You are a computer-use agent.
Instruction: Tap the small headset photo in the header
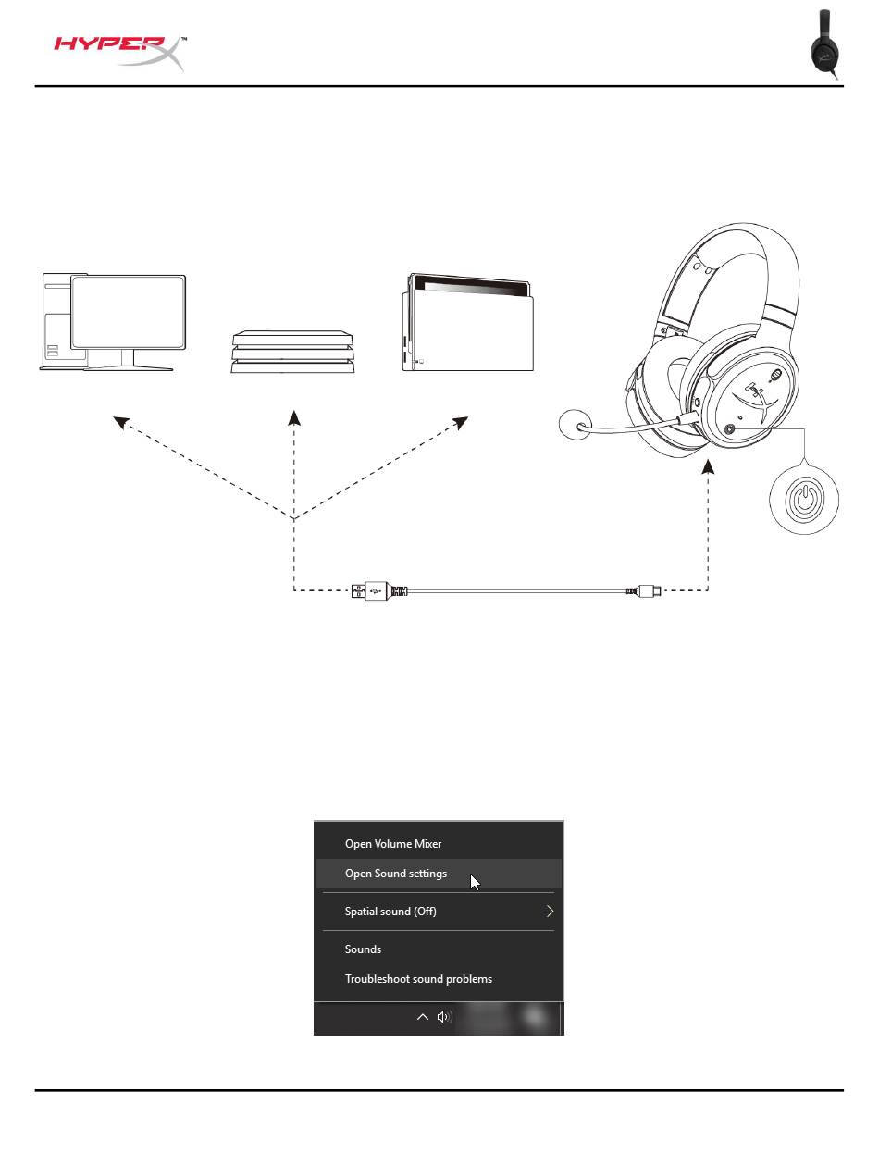(824, 45)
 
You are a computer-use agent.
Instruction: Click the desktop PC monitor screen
(129, 312)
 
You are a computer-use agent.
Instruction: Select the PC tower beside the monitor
(56, 319)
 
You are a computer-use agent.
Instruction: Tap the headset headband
(731, 250)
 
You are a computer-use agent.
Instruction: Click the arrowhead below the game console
(294, 417)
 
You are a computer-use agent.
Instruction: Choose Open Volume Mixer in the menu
(393, 844)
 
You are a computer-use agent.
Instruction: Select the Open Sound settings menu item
(396, 874)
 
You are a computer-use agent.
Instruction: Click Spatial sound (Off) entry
(390, 912)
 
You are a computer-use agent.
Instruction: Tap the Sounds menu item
(363, 949)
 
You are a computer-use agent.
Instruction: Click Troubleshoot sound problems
(418, 979)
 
